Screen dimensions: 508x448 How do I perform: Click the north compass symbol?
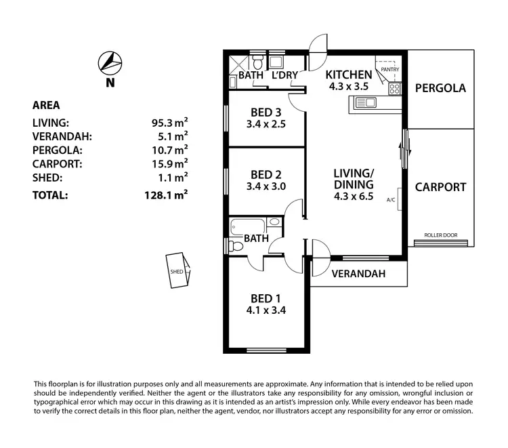[110, 63]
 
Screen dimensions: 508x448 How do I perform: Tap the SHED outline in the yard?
[178, 270]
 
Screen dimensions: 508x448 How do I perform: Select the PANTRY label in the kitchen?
[390, 69]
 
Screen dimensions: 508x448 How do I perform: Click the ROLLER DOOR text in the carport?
[441, 235]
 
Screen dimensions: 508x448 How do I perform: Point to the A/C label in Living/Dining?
[391, 200]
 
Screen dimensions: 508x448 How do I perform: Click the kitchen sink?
[366, 103]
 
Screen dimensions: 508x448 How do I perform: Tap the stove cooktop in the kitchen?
[395, 89]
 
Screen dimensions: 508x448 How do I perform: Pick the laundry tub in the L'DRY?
[276, 62]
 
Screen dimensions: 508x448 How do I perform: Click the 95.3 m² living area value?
[170, 123]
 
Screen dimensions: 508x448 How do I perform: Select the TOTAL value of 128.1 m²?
[166, 195]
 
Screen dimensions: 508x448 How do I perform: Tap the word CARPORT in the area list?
[58, 164]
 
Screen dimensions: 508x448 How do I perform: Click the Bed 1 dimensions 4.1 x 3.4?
[266, 310]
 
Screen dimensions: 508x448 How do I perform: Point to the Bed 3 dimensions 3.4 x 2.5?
[266, 124]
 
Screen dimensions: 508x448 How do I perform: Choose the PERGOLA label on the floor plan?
[440, 88]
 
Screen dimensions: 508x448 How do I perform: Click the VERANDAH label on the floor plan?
[358, 274]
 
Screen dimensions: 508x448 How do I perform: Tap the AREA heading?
[46, 105]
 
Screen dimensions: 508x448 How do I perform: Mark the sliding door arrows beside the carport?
[405, 148]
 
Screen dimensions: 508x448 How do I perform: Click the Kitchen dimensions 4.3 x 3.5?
[349, 87]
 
